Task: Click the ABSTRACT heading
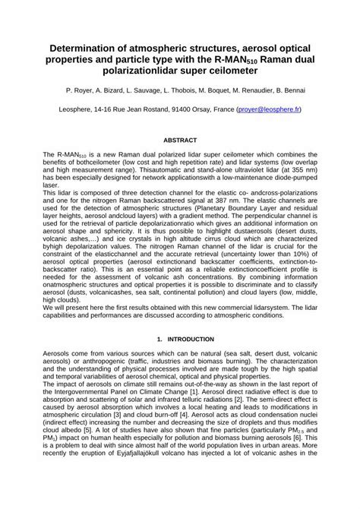[x=180, y=141]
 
